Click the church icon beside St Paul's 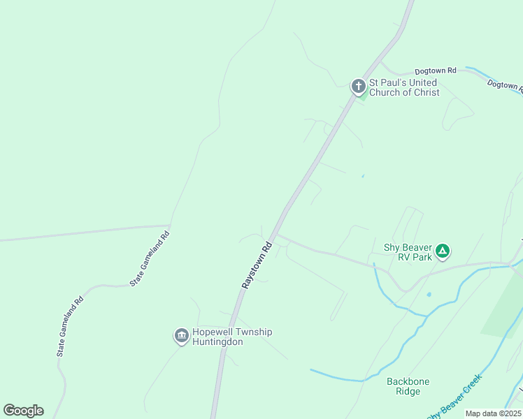coord(358,87)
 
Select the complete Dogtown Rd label coord(435,71)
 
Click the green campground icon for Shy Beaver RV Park coord(442,250)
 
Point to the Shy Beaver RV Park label coord(408,251)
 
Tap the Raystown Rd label coord(256,266)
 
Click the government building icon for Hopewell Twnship coord(181,337)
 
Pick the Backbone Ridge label coord(408,386)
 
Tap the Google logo coord(23,411)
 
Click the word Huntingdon coord(217,342)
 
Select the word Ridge coord(408,392)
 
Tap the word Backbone coord(408,381)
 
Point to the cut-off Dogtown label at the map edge coord(506,87)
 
